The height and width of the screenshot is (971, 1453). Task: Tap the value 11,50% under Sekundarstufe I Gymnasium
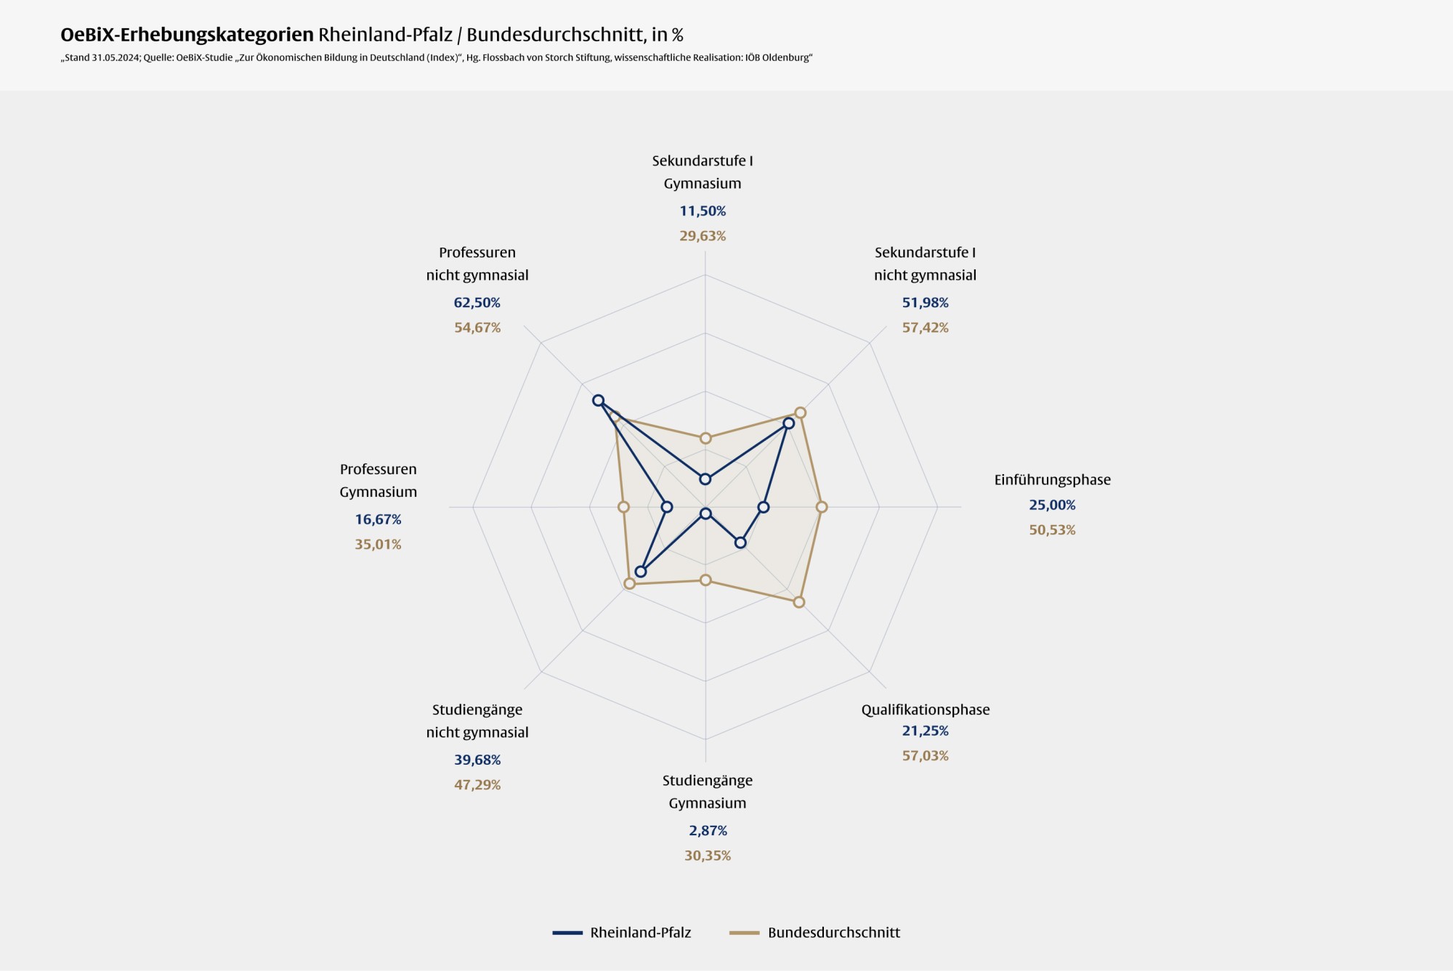pyautogui.click(x=703, y=211)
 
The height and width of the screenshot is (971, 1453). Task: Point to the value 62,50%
pyautogui.click(x=477, y=303)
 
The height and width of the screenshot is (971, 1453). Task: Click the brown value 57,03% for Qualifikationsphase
pyautogui.click(x=925, y=756)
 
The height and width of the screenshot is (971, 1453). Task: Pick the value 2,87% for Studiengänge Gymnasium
pyautogui.click(x=708, y=831)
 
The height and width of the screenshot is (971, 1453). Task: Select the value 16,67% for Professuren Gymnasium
pyautogui.click(x=378, y=519)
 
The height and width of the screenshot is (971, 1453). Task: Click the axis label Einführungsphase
pyautogui.click(x=1052, y=480)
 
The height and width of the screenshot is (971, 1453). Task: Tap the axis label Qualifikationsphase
pyautogui.click(x=925, y=710)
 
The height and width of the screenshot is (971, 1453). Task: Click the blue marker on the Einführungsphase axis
pyautogui.click(x=763, y=508)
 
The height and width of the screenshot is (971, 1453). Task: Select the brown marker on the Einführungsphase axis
pyautogui.click(x=822, y=507)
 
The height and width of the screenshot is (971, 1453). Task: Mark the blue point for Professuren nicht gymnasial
pyautogui.click(x=598, y=400)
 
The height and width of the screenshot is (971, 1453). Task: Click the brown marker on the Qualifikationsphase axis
pyautogui.click(x=798, y=602)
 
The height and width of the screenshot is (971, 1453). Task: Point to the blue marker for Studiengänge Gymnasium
pyautogui.click(x=705, y=514)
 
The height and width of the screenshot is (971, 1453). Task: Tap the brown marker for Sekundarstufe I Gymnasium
pyautogui.click(x=705, y=438)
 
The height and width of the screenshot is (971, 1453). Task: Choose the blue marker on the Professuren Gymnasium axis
pyautogui.click(x=667, y=507)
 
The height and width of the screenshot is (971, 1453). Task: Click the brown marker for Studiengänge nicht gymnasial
pyautogui.click(x=629, y=583)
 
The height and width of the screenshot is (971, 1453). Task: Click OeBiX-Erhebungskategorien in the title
pyautogui.click(x=187, y=35)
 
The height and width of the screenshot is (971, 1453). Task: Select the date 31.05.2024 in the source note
pyautogui.click(x=116, y=58)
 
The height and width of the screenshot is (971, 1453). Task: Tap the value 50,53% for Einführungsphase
pyautogui.click(x=1052, y=530)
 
